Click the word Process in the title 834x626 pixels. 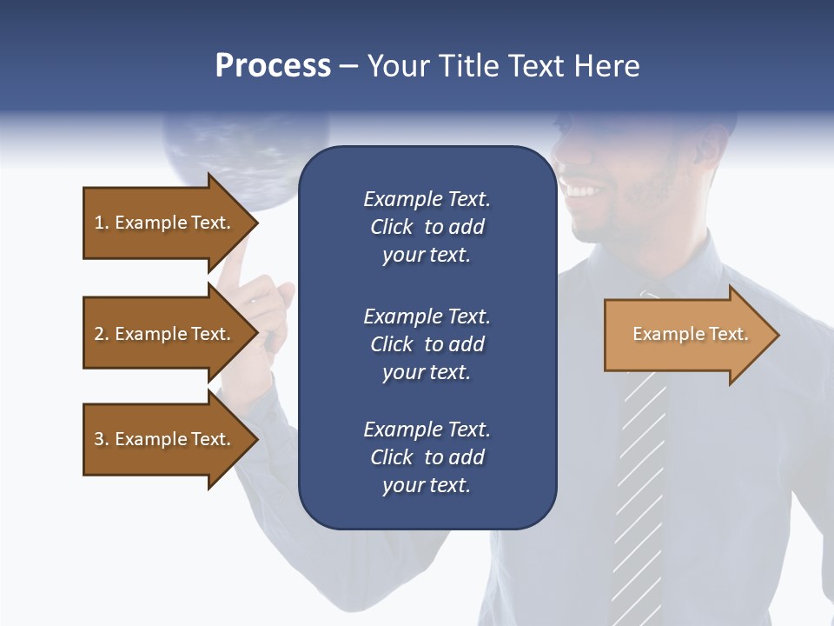coord(273,66)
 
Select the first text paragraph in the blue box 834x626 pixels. coord(427,227)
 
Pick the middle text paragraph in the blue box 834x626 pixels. coord(427,344)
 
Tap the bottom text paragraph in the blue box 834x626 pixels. coord(427,457)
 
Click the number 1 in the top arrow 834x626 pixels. coord(99,223)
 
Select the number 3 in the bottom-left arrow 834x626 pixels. coord(99,439)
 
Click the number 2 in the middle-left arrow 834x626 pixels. coord(99,334)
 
